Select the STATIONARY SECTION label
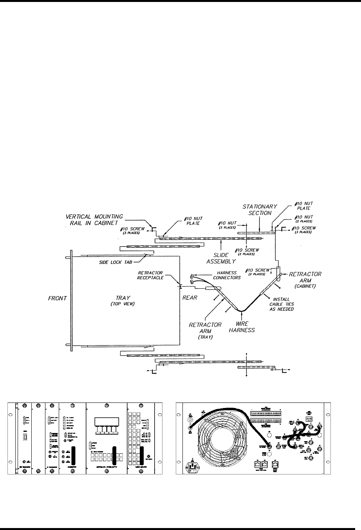click(260, 210)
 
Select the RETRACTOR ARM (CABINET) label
click(305, 277)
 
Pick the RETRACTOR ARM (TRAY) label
click(206, 330)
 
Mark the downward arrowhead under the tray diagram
click(246, 376)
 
